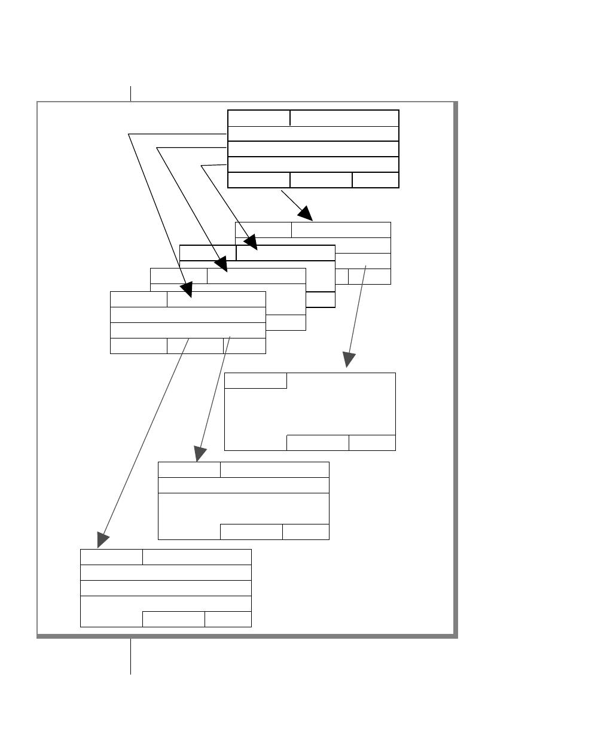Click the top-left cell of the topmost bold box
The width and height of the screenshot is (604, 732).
[259, 118]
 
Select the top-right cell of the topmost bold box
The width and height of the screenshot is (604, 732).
[344, 118]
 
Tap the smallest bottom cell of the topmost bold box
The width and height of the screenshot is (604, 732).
[376, 180]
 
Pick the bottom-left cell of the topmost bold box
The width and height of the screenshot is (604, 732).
[259, 180]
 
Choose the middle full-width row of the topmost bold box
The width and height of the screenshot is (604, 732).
[313, 149]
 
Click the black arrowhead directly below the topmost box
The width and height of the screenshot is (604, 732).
[306, 213]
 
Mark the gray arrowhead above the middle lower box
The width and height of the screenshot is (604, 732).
[200, 455]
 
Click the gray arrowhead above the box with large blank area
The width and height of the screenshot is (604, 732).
[349, 359]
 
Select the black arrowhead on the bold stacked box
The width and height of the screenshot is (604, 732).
[251, 242]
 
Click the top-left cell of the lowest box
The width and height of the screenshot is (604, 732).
[112, 557]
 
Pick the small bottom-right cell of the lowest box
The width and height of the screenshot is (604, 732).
[228, 619]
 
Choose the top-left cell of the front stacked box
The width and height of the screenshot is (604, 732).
[139, 299]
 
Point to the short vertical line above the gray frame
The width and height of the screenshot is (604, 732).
[130, 93]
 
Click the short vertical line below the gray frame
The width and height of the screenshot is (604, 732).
[130, 656]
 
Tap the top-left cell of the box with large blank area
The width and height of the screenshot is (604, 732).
[256, 380]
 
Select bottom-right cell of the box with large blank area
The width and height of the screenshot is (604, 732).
[372, 443]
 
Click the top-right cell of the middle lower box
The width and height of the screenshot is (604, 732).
[274, 469]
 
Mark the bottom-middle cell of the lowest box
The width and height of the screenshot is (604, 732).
[173, 619]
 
